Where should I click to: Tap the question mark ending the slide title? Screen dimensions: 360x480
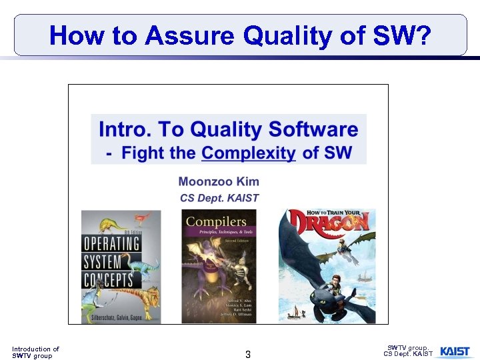(421, 35)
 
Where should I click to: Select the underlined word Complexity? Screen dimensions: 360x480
(249, 153)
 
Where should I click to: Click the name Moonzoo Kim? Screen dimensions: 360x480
(219, 181)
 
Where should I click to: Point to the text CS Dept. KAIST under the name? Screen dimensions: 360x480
(219, 197)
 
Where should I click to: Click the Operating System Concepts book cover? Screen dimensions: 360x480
(121, 267)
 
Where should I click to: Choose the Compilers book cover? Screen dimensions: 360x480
(219, 267)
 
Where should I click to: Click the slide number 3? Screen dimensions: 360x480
(248, 355)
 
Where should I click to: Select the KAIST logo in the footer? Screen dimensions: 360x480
(455, 351)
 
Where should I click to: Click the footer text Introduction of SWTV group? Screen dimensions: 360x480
(35, 352)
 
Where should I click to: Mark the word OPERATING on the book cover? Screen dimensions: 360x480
(111, 243)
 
